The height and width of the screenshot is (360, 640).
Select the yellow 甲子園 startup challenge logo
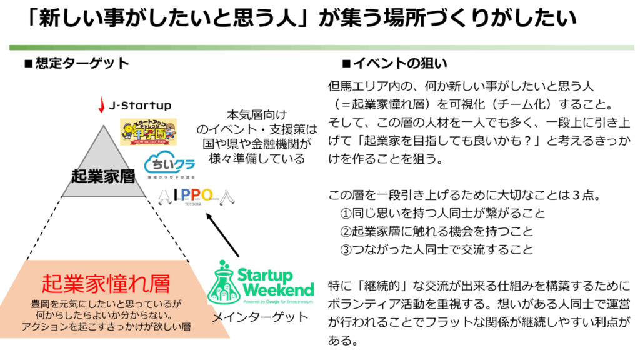tap(148, 132)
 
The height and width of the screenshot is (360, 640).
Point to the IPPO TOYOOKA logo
tap(196, 197)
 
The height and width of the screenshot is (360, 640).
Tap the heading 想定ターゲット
tap(81, 63)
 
